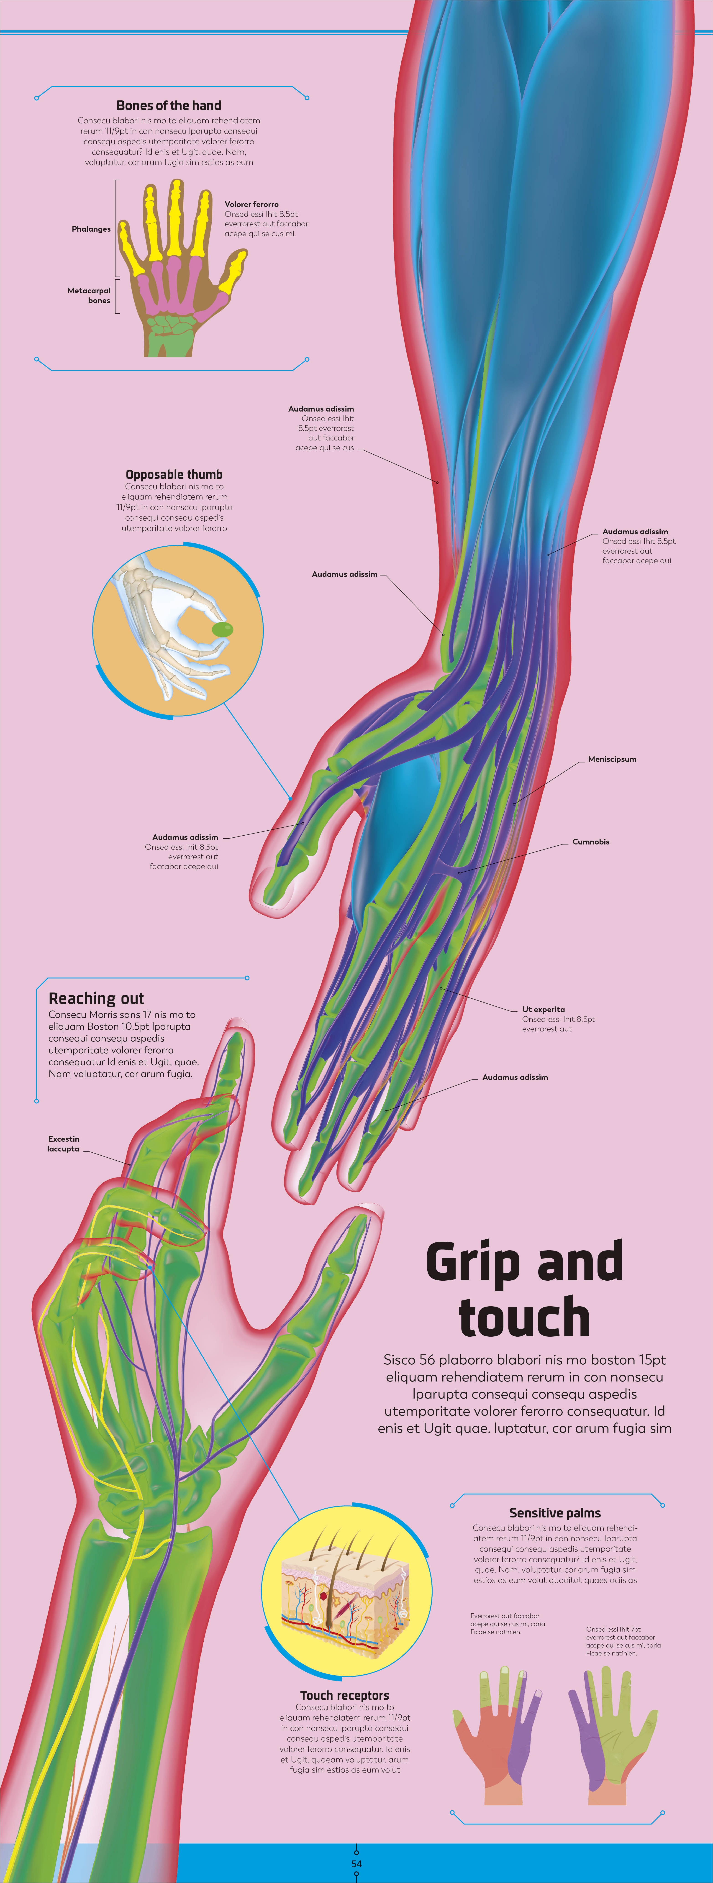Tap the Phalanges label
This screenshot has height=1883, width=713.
(91, 229)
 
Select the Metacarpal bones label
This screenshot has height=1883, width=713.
(89, 295)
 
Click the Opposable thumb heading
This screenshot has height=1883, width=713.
(174, 474)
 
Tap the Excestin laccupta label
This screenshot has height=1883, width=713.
(64, 1143)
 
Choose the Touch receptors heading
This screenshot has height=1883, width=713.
(344, 1695)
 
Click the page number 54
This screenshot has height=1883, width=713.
(356, 1863)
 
